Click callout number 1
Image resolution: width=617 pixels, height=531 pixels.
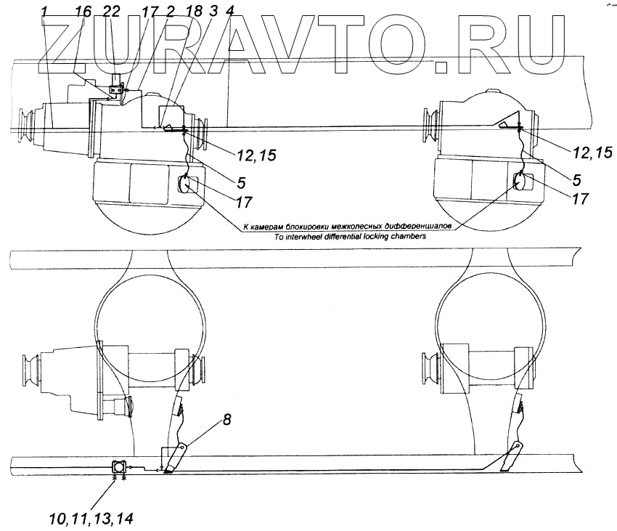pyautogui.click(x=46, y=11)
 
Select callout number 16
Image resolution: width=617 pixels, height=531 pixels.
pyautogui.click(x=84, y=11)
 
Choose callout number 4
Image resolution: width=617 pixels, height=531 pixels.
pyautogui.click(x=230, y=11)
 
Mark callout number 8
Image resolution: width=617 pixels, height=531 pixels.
pyautogui.click(x=227, y=420)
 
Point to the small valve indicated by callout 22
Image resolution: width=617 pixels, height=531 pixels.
pyautogui.click(x=115, y=90)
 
